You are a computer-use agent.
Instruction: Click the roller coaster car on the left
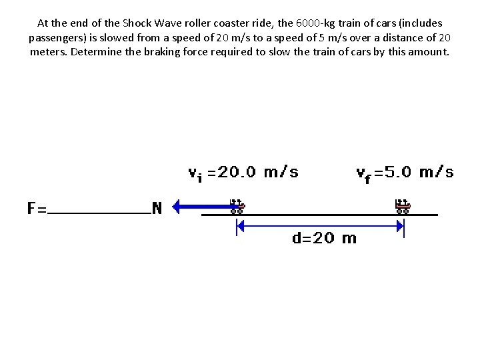click(x=237, y=206)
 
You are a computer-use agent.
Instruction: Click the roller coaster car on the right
click(x=403, y=206)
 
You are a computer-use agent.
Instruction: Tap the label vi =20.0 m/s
click(x=243, y=173)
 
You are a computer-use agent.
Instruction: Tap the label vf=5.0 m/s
click(x=405, y=173)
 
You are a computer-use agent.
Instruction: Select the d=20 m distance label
click(x=324, y=238)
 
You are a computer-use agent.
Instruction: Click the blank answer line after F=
click(x=100, y=212)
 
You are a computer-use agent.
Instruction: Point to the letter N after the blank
click(x=157, y=208)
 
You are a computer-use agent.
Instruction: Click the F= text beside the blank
click(x=37, y=208)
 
